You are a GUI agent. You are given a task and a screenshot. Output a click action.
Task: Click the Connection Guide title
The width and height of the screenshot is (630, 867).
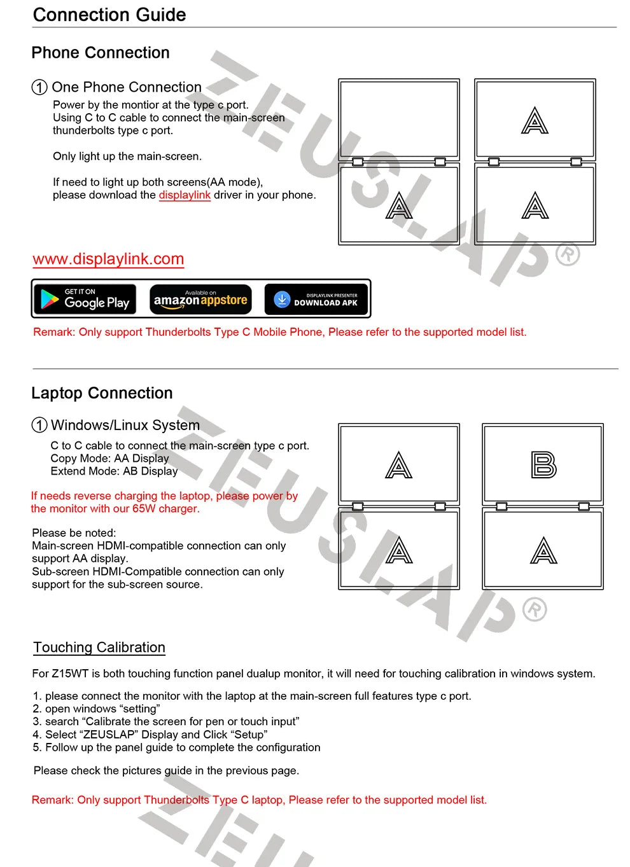click(x=109, y=15)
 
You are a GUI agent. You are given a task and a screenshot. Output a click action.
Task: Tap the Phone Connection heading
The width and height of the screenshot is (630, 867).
click(x=101, y=53)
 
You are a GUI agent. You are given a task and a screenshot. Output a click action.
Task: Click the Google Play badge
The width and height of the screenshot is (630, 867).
click(x=85, y=298)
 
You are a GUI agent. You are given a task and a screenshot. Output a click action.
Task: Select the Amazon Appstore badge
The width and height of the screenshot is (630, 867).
click(x=200, y=298)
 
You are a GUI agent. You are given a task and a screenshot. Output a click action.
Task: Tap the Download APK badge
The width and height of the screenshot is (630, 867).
click(x=316, y=298)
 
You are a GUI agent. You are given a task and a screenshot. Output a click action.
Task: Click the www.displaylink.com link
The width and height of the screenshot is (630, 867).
click(x=108, y=259)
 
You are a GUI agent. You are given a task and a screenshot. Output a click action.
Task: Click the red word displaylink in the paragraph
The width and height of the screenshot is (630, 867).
click(x=185, y=195)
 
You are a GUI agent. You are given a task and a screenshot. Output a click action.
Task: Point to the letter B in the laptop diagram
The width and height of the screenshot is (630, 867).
click(x=543, y=465)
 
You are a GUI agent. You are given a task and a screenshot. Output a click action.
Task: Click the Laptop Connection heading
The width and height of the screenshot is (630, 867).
click(x=102, y=393)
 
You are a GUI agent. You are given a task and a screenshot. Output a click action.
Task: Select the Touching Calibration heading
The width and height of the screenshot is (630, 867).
click(x=99, y=648)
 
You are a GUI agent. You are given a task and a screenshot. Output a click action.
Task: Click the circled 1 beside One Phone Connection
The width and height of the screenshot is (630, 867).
click(x=39, y=87)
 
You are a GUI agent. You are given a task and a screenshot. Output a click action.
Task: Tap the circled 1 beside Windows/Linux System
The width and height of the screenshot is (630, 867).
click(x=39, y=425)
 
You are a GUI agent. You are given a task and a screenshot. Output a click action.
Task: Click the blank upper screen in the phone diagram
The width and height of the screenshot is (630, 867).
click(x=399, y=119)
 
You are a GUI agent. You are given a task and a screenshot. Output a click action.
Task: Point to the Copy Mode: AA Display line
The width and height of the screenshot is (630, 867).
click(x=109, y=459)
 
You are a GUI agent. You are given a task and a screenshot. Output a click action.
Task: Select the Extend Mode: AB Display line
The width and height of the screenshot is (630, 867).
click(x=114, y=471)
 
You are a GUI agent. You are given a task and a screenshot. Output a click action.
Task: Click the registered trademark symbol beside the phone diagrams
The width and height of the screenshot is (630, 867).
click(x=568, y=254)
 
